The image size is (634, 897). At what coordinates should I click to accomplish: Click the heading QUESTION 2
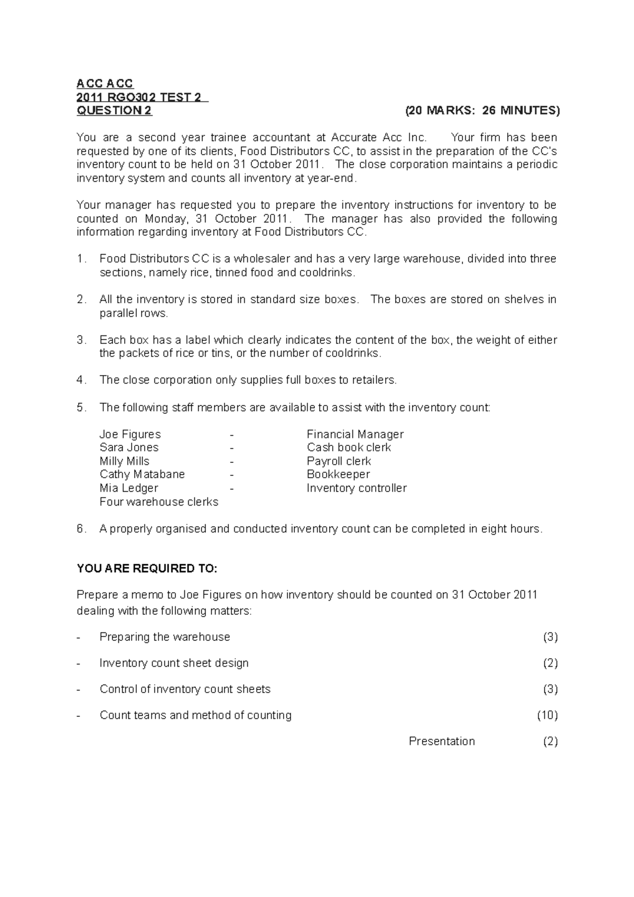(114, 110)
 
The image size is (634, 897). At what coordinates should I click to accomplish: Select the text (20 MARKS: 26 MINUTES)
(482, 110)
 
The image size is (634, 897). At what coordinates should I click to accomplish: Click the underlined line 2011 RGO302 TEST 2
(143, 97)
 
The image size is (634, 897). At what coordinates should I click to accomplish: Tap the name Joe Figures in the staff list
(130, 434)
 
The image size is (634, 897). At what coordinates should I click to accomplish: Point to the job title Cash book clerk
(349, 447)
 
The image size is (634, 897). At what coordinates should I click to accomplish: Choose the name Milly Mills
(124, 461)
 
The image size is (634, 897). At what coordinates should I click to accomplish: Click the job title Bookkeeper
(338, 474)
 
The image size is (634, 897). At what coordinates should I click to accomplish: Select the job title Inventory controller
(357, 488)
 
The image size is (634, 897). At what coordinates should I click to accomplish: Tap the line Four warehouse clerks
(158, 502)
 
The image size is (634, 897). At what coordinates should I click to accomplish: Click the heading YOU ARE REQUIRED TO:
(147, 569)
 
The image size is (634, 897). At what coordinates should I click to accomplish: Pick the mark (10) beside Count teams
(547, 715)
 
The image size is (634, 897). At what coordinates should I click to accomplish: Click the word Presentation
(442, 741)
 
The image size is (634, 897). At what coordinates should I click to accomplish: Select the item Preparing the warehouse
(165, 637)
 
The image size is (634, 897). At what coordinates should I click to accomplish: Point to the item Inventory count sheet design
(174, 663)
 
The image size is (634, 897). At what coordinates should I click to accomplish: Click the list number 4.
(80, 380)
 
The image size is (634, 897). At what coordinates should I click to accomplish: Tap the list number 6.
(80, 529)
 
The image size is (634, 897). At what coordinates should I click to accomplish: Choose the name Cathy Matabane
(142, 474)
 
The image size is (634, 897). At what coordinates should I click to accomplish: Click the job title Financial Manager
(355, 434)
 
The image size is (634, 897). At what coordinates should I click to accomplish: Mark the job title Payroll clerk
(339, 461)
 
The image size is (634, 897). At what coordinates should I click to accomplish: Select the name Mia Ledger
(129, 488)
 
